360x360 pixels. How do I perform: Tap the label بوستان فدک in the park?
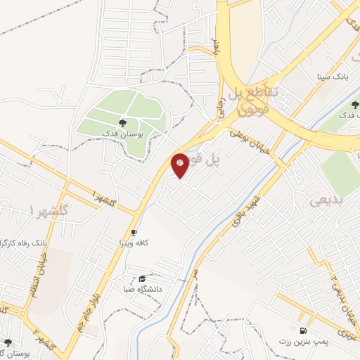122,132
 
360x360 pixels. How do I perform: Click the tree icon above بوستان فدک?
123,122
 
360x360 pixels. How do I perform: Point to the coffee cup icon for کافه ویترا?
134,232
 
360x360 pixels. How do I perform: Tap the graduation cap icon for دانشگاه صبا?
142,279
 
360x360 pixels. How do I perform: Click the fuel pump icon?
303,330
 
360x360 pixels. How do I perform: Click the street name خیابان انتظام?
33,275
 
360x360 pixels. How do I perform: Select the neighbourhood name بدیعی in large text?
325,200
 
